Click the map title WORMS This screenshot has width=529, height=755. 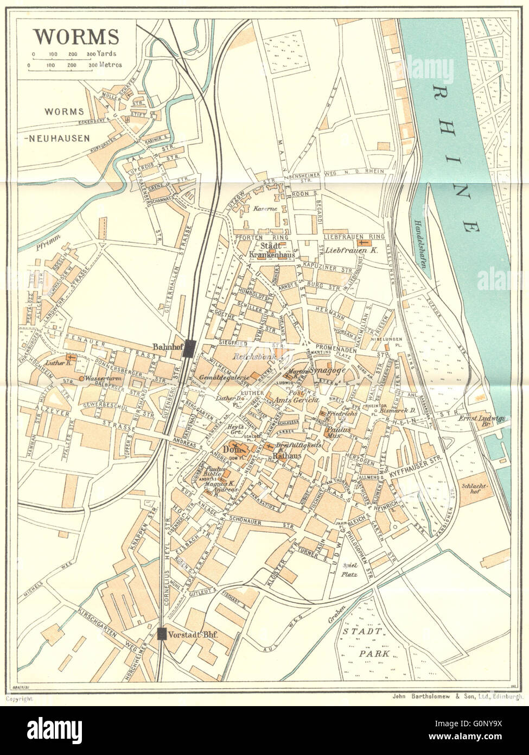pos(77,36)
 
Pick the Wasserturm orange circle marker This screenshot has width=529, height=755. pos(81,378)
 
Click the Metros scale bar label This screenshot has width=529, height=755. pos(110,65)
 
